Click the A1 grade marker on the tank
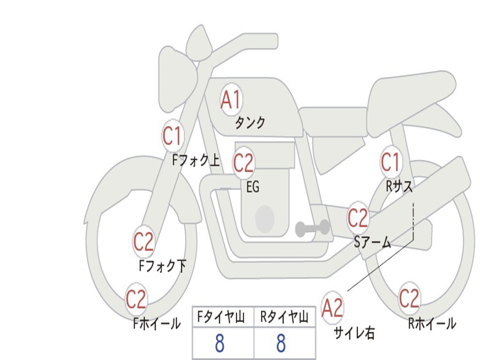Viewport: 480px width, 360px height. pos(231,99)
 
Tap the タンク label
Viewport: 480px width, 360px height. pos(250,123)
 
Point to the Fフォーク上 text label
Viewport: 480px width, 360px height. pos(195,161)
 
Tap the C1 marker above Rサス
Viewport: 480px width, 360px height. pos(390,162)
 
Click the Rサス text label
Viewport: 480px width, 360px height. pos(399,187)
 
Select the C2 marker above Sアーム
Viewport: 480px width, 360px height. pos(358,218)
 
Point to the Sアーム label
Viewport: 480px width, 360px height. pos(372,242)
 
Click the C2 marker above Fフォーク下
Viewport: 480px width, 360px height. pos(143,242)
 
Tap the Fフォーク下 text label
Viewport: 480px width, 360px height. pos(163,266)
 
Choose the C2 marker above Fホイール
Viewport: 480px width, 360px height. pos(136,300)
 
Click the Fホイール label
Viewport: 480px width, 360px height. pos(157,323)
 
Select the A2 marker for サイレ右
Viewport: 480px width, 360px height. pos(332,307)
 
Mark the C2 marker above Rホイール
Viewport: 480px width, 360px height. pos(409,299)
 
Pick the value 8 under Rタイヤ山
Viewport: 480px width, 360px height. pos(281,344)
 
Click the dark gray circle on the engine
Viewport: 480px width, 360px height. pos(264,219)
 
